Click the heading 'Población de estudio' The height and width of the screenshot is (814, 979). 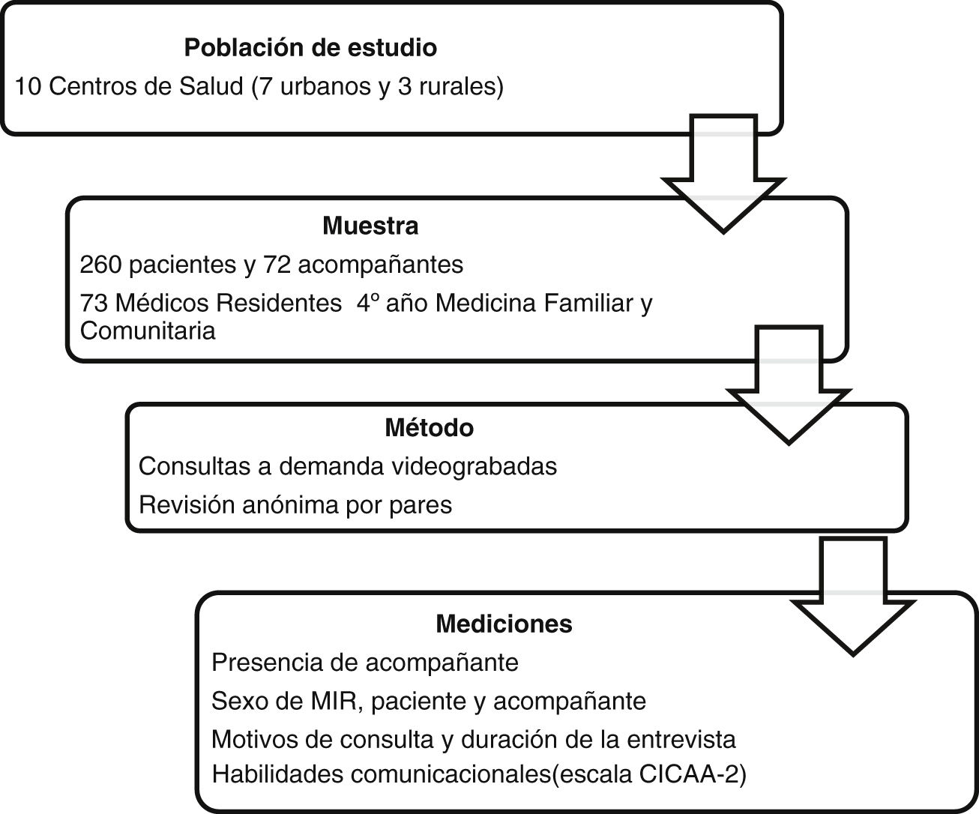click(310, 48)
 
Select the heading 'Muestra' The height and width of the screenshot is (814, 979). click(370, 226)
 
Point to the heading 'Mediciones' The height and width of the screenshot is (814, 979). click(504, 624)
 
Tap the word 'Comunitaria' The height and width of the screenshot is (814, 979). click(148, 331)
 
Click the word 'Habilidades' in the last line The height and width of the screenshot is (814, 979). click(277, 774)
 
